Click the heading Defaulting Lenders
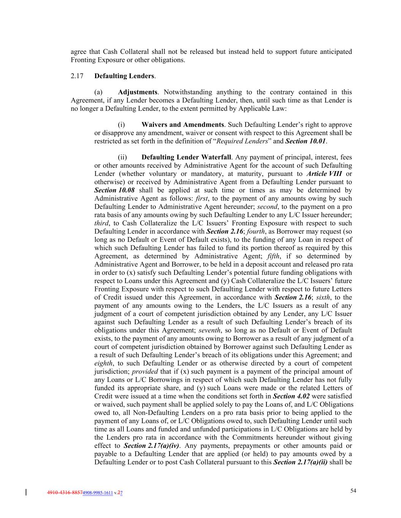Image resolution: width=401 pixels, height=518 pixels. pyautogui.click(x=124, y=76)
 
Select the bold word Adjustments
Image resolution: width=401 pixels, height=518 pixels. pyautogui.click(x=138, y=92)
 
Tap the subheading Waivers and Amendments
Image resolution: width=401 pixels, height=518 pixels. pyautogui.click(x=182, y=125)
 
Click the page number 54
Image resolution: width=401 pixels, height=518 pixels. pyautogui.click(x=353, y=491)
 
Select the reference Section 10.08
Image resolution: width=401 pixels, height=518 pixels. pyautogui.click(x=114, y=190)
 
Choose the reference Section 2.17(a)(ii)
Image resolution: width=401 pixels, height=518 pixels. pyautogui.click(x=300, y=462)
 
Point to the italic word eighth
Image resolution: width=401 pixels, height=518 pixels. pyautogui.click(x=103, y=363)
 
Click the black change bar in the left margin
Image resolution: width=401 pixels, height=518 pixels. pyautogui.click(x=26, y=493)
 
